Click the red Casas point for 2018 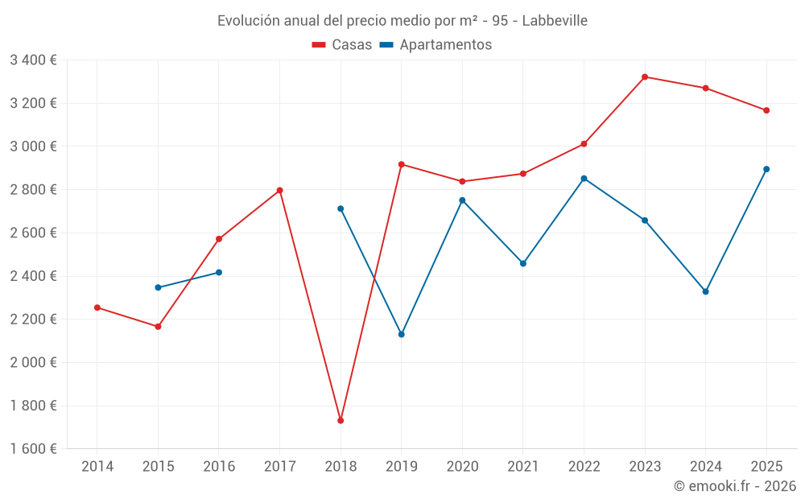341,420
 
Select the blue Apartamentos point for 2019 402,334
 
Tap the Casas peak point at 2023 645,76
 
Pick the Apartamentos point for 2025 766,169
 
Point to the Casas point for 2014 97,307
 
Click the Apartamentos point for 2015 158,287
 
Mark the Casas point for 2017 279,190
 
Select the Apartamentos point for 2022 584,178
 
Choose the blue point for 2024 705,291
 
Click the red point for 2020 462,181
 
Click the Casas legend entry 342,45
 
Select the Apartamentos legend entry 436,45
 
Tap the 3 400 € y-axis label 33,60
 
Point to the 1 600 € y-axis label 33,449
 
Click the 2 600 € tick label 33,233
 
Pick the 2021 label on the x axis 523,467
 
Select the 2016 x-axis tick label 219,467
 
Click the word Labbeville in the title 555,20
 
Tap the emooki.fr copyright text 735,486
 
